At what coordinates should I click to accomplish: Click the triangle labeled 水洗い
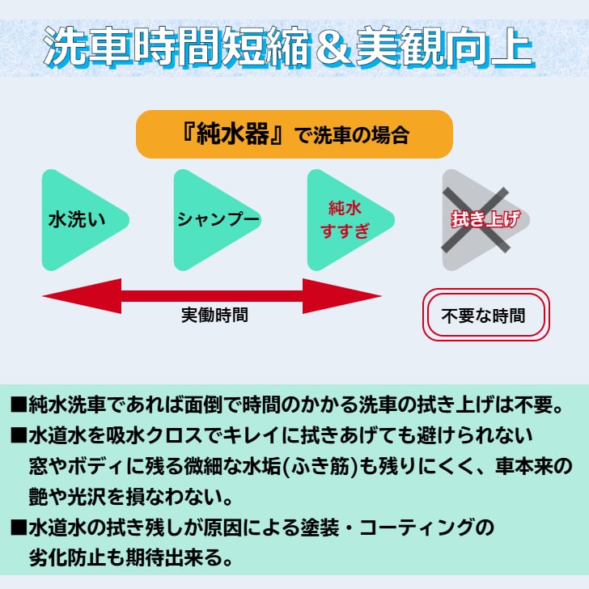[76, 220]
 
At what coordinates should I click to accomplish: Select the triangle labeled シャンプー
[209, 220]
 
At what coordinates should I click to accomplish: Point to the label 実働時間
[214, 316]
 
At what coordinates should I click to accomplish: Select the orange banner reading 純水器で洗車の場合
[294, 134]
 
